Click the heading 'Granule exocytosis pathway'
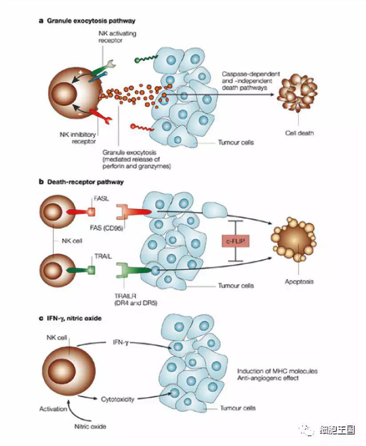pyautogui.click(x=91, y=21)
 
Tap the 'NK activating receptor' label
pyautogui.click(x=117, y=37)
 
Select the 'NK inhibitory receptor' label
pyautogui.click(x=78, y=138)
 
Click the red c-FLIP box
pyautogui.click(x=235, y=242)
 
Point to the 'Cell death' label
pyautogui.click(x=299, y=133)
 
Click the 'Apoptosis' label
pyautogui.click(x=299, y=282)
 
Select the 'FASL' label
pyautogui.click(x=101, y=199)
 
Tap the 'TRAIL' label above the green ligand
pyautogui.click(x=103, y=257)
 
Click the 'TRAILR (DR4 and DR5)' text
pyautogui.click(x=135, y=299)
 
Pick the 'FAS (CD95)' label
pyautogui.click(x=106, y=227)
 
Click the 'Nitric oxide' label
pyautogui.click(x=90, y=426)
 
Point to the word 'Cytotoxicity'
pyautogui.click(x=117, y=399)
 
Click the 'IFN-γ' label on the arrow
pyautogui.click(x=120, y=342)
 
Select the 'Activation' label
pyautogui.click(x=53, y=409)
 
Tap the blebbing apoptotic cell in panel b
pyautogui.click(x=294, y=239)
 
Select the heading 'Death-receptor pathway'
pyautogui.click(x=85, y=182)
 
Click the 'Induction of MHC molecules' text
pyautogui.click(x=277, y=371)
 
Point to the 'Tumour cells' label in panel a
pyautogui.click(x=236, y=142)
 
